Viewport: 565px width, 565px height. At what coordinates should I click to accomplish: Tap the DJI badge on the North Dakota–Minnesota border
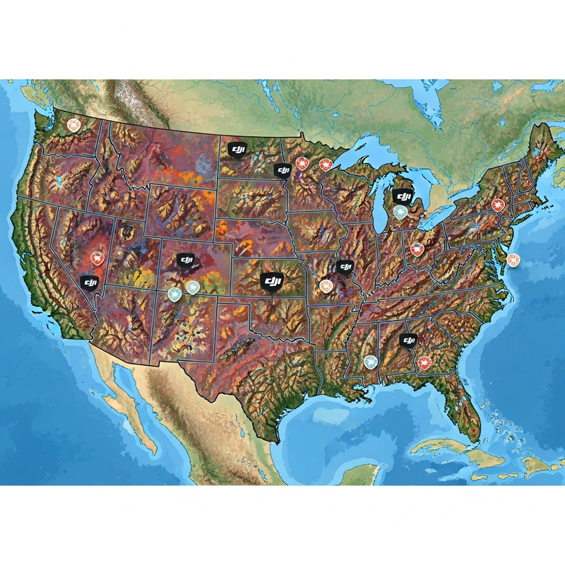(x=282, y=170)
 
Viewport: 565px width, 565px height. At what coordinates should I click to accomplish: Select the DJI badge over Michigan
(x=403, y=196)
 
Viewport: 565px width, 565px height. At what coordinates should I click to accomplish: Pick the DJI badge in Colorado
(x=186, y=261)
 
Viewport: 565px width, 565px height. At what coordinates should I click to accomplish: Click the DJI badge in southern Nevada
(x=90, y=283)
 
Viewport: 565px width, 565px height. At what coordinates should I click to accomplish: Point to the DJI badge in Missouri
(x=344, y=267)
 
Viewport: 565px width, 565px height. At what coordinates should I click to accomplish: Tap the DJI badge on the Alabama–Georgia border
(x=408, y=341)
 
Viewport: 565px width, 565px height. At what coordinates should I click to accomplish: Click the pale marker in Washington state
(x=73, y=125)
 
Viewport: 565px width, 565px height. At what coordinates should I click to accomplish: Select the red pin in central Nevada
(x=97, y=258)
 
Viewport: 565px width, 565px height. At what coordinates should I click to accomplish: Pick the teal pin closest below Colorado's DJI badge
(x=192, y=287)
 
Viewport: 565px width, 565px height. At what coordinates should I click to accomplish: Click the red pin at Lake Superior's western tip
(x=326, y=165)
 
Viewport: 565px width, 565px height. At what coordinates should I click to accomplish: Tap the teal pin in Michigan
(x=400, y=212)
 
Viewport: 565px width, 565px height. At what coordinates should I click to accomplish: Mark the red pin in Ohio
(x=417, y=249)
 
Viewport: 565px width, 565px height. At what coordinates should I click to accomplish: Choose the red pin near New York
(x=497, y=206)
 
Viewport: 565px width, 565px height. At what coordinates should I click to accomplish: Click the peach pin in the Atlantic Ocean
(x=513, y=260)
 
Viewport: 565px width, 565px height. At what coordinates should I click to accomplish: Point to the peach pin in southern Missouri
(x=325, y=286)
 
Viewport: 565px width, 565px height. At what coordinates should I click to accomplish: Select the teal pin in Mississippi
(x=370, y=361)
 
